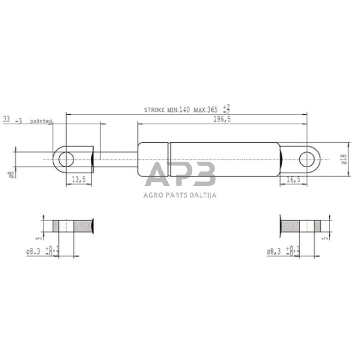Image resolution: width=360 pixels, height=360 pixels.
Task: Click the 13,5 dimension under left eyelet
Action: pos(78,179)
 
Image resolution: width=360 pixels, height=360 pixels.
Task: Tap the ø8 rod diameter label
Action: pos(11,176)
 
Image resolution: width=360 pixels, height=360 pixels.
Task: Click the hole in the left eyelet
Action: pos(66,160)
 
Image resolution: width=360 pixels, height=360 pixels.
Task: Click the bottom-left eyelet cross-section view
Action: pos(72,226)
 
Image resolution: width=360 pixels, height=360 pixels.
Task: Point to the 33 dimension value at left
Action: pos(7,119)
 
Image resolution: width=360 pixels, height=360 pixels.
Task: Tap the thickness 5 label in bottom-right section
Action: pos(324,234)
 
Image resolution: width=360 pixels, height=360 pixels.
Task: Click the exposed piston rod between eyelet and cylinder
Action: pos(116,160)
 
